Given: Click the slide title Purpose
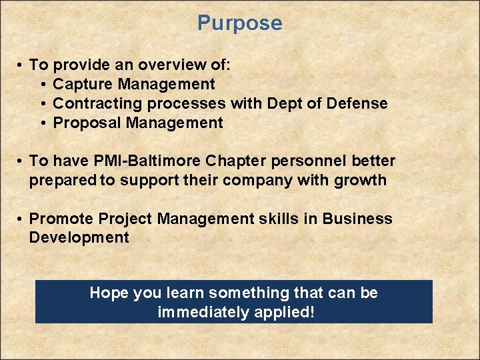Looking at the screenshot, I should click(x=240, y=23).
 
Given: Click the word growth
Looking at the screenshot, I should click(x=363, y=180).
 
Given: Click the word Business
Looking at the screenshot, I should click(x=358, y=219).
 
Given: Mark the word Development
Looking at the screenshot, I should click(x=79, y=238).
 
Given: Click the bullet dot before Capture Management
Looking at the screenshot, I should click(x=43, y=85).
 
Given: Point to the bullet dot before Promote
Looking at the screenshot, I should click(x=21, y=219).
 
